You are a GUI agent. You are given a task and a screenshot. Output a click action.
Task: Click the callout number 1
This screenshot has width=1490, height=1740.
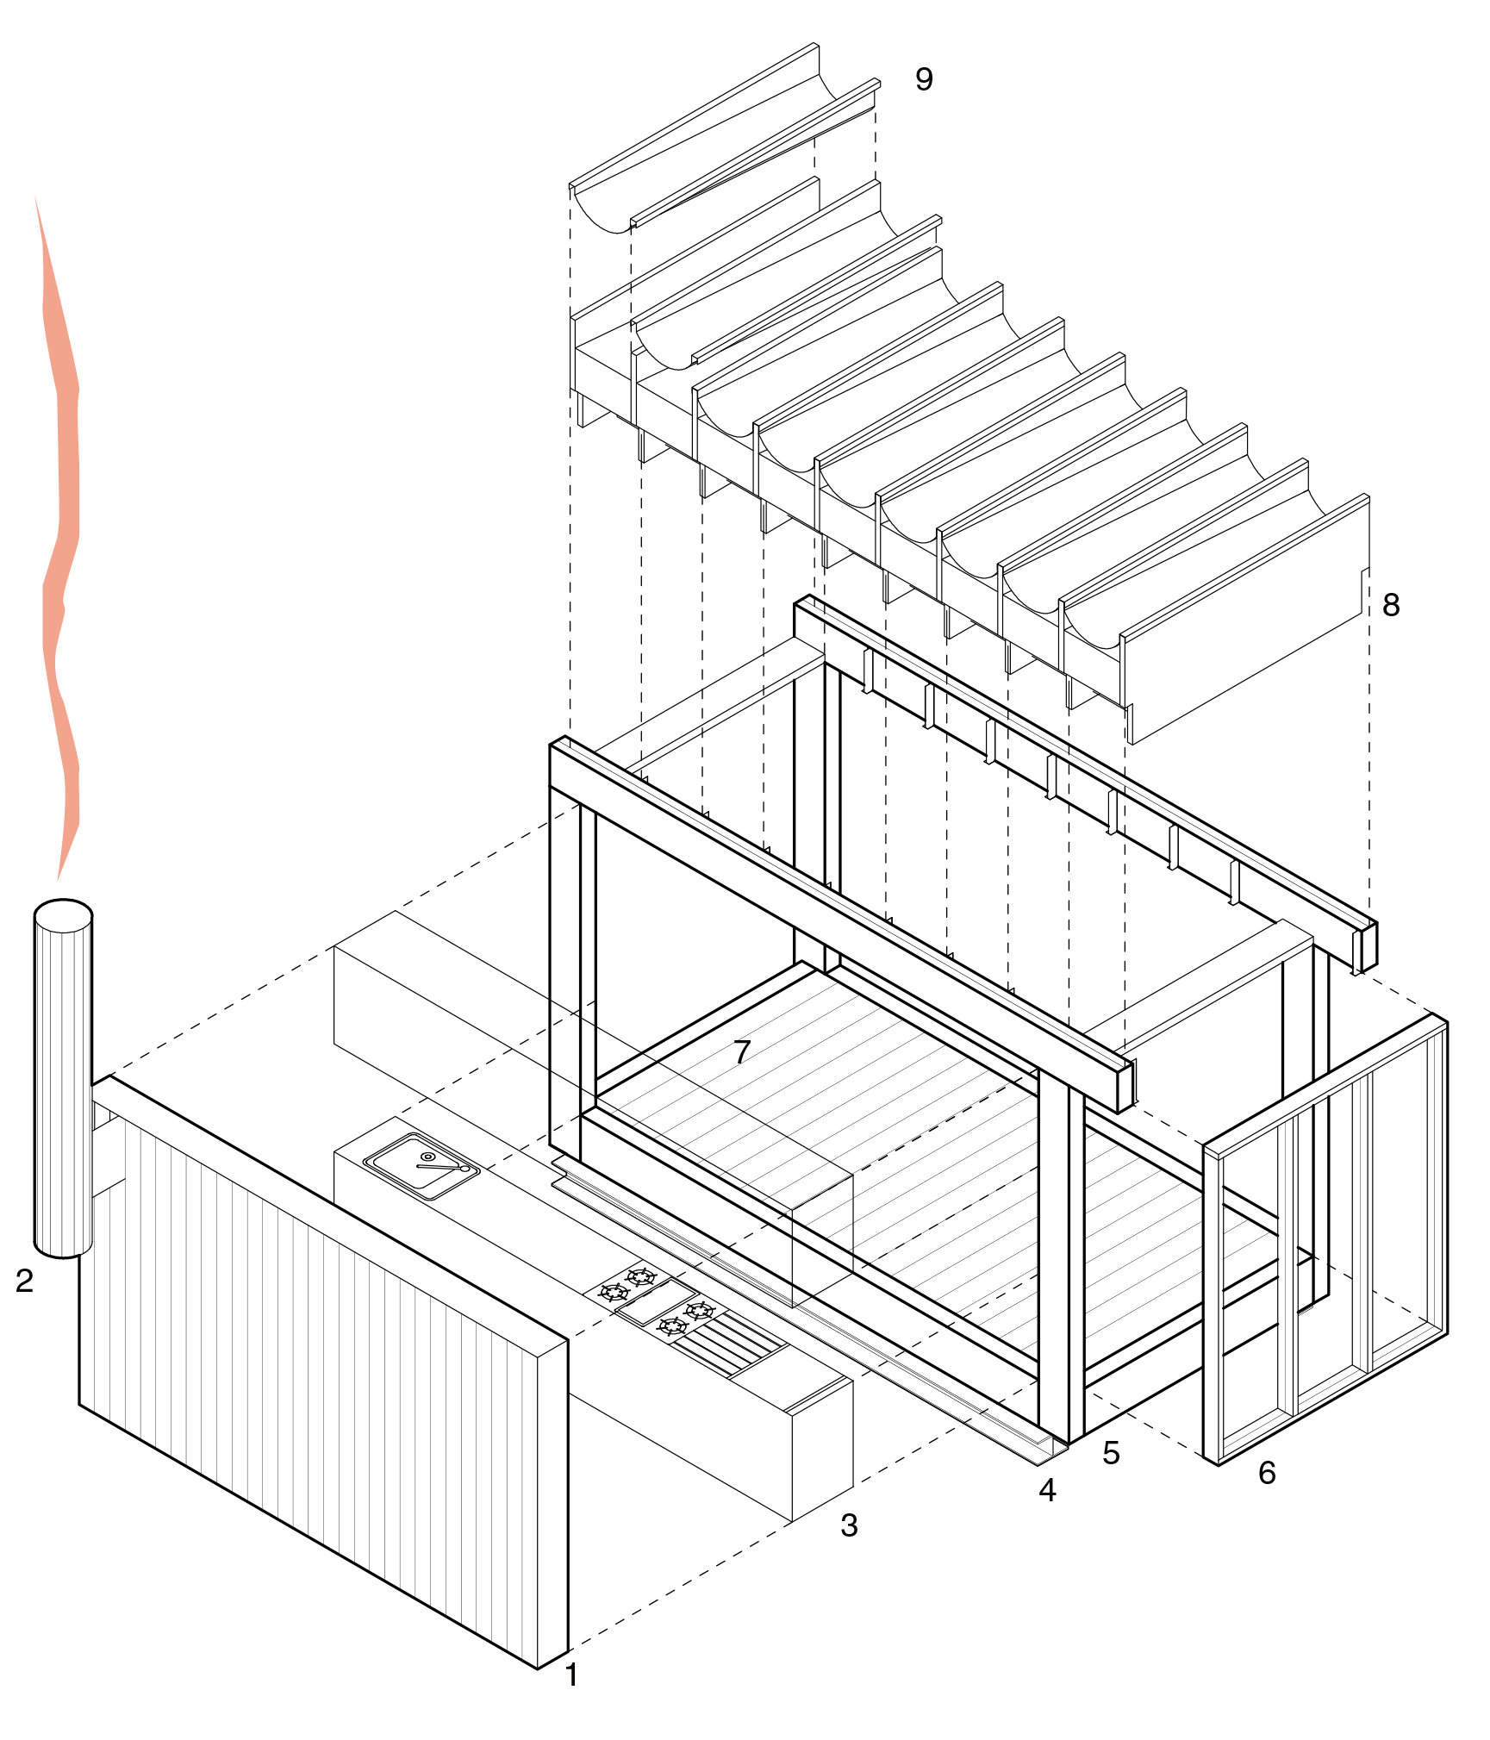[x=570, y=1675]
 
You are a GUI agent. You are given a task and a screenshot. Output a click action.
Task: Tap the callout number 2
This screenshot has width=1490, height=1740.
[x=24, y=1281]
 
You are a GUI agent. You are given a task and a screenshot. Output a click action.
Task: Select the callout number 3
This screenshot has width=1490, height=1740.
[x=849, y=1525]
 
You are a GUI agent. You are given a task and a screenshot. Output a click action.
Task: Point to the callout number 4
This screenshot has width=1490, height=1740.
[x=1047, y=1490]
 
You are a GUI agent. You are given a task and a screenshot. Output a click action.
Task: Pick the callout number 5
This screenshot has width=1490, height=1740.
[x=1111, y=1453]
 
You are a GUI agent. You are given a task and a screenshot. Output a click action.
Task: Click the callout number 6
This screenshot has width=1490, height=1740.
[x=1267, y=1473]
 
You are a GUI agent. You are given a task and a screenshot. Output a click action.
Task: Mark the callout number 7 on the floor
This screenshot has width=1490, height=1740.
[x=742, y=1051]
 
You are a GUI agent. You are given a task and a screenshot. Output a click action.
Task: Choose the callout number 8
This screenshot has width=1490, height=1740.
[x=1391, y=605]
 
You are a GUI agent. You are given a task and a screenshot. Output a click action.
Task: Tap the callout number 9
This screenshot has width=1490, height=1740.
[x=924, y=79]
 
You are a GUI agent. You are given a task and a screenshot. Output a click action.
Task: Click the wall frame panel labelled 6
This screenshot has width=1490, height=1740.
[x=1327, y=1241]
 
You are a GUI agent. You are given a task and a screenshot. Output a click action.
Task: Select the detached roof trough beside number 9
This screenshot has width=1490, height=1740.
[x=724, y=138]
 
